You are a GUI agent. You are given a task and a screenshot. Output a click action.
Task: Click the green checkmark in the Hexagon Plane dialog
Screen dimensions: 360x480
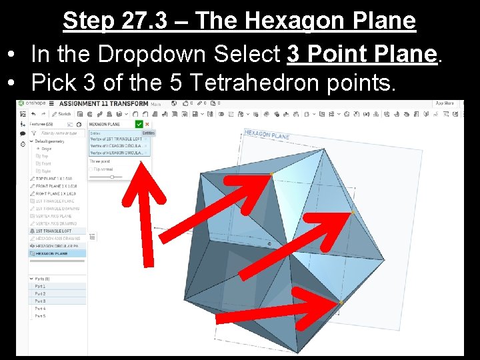pos(139,124)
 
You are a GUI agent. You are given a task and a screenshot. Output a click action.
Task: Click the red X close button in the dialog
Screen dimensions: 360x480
pos(147,124)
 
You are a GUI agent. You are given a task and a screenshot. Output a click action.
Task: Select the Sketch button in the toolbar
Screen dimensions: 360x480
pos(63,114)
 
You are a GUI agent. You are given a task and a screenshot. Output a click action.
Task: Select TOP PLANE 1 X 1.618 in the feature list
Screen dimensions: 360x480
pos(55,179)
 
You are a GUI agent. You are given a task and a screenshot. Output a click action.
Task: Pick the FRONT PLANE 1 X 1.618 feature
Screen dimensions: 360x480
pos(57,186)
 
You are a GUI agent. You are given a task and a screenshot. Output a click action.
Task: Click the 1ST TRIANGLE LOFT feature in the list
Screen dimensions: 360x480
pos(55,231)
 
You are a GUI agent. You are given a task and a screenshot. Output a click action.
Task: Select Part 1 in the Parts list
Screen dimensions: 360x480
pos(41,286)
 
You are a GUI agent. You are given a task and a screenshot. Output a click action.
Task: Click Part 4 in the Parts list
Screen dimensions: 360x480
pos(41,309)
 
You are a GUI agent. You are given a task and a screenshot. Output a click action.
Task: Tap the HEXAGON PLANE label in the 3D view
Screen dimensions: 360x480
pos(267,135)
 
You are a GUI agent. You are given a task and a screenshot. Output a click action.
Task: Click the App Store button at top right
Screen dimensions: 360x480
pos(445,103)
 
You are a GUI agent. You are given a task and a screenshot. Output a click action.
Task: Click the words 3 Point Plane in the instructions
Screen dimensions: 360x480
pos(363,54)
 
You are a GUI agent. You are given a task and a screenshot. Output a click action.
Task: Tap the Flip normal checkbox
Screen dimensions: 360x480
pos(91,169)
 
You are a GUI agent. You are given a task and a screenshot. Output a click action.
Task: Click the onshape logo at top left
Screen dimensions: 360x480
pos(32,103)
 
